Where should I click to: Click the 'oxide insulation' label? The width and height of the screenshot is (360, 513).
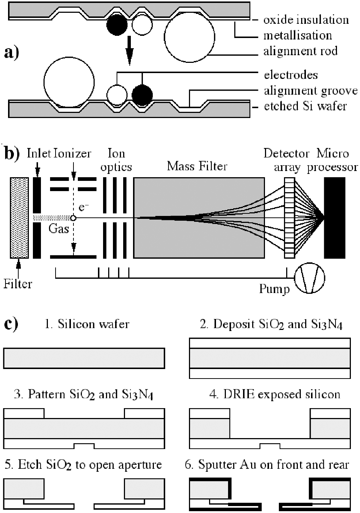[306, 20]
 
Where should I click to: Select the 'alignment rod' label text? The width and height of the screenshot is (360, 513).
[300, 51]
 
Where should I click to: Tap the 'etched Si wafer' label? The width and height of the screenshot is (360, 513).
[305, 106]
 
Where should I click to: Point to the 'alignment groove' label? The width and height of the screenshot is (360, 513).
[310, 91]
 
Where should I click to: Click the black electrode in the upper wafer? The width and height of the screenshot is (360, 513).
[117, 25]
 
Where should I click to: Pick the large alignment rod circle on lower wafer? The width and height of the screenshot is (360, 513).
[69, 81]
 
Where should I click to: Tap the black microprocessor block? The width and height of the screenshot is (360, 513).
[334, 218]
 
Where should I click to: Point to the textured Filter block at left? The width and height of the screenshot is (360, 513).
[19, 218]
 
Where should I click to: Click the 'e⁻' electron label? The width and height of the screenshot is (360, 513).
[84, 208]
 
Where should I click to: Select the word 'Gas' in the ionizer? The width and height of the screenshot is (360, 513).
[59, 229]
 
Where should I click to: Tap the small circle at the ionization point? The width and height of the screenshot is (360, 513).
[73, 218]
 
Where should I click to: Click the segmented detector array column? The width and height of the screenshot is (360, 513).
[289, 218]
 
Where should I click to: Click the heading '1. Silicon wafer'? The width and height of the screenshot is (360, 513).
[87, 324]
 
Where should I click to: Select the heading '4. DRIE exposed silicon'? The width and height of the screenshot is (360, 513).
[274, 395]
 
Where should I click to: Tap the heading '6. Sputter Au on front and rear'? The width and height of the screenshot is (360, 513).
[267, 465]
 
